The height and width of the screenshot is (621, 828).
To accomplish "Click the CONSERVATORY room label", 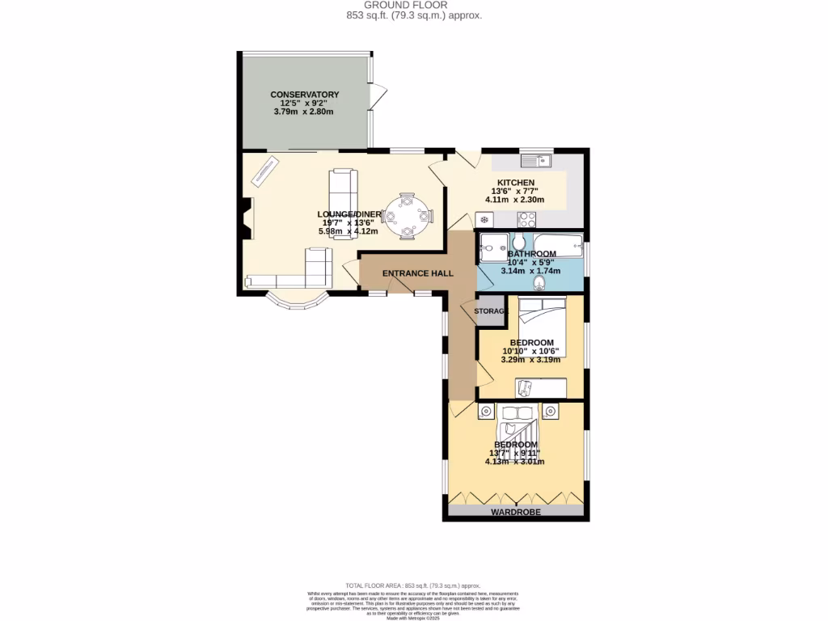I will (x=304, y=95).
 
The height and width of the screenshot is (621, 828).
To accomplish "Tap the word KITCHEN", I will (x=515, y=183).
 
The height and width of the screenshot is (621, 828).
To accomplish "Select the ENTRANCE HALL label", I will (x=417, y=274).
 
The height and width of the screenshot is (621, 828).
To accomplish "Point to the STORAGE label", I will (x=490, y=311).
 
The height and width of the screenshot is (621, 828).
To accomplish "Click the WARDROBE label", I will (x=515, y=513).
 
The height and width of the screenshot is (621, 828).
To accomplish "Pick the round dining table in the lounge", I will (x=408, y=216).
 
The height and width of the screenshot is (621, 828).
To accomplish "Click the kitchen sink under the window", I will (x=534, y=159).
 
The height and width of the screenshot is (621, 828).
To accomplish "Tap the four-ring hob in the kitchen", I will (x=527, y=218).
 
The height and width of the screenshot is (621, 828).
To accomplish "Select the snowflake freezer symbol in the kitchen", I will (x=484, y=219).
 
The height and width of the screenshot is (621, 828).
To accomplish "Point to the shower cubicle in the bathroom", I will (x=492, y=246).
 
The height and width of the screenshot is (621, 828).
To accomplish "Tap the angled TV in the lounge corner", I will (x=264, y=171).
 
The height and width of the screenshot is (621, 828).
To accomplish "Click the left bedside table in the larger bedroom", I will (x=486, y=412).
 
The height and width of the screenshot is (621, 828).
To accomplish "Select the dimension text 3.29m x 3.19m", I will (x=530, y=360).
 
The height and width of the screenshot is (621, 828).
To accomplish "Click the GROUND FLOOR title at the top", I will (x=413, y=5).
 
